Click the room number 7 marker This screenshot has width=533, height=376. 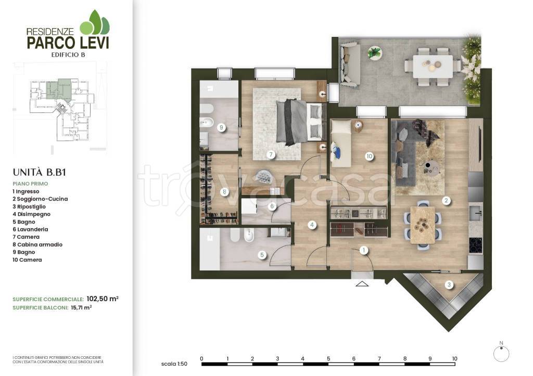[271, 155]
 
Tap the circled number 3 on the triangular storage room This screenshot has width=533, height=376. [449, 284]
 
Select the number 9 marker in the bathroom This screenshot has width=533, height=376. [221, 128]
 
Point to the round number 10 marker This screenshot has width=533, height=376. [369, 156]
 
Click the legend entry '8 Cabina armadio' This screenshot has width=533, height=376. [37, 244]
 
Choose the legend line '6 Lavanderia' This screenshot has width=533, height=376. [30, 229]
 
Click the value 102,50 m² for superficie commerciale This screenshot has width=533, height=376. [103, 299]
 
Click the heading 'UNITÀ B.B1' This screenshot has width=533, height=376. [40, 173]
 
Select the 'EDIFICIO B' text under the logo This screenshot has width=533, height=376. [68, 55]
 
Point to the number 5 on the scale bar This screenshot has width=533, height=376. [328, 359]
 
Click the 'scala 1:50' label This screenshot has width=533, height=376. [174, 364]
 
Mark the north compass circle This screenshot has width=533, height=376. [501, 354]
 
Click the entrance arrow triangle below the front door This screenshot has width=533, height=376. [362, 283]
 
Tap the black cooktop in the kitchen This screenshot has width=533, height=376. [476, 245]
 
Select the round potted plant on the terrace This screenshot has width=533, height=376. [375, 53]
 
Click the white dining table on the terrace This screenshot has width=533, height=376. [433, 66]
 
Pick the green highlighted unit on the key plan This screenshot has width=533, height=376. [58, 89]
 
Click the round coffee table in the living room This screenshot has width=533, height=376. [432, 168]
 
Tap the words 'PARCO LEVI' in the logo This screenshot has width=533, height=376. [68, 43]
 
